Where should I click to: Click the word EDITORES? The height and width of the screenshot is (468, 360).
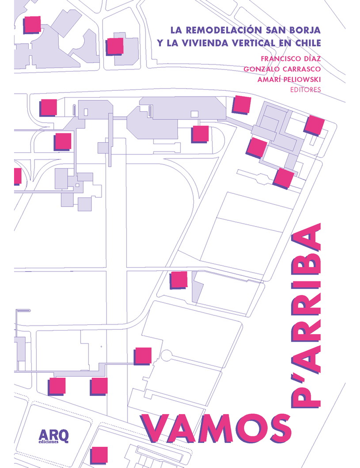pos(305,90)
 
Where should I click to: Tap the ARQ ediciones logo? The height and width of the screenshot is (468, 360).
pos(53,436)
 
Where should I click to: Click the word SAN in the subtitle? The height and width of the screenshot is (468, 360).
pos(274,30)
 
